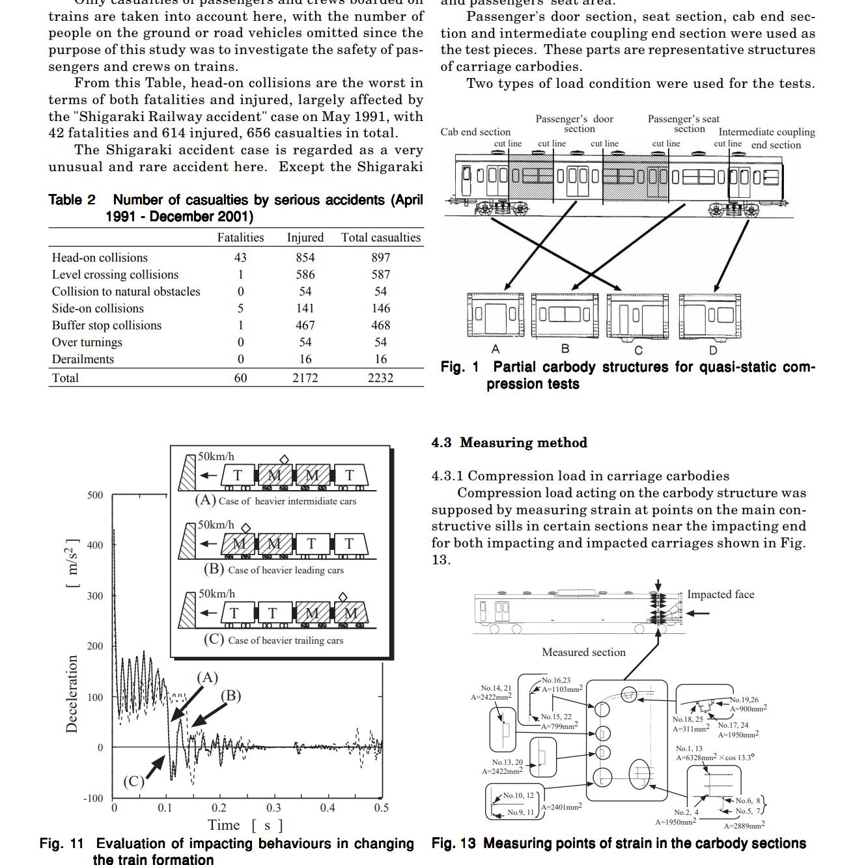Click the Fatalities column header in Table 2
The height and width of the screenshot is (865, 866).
(240, 238)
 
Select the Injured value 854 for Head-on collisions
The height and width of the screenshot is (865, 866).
(305, 258)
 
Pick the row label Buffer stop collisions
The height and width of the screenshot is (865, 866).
(107, 325)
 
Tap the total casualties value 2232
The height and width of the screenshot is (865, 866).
(380, 378)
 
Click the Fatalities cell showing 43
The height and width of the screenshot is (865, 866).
(240, 258)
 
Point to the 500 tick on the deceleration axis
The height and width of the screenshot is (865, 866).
(95, 495)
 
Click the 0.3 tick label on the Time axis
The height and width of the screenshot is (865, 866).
(273, 808)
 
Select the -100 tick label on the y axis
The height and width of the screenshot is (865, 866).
(93, 799)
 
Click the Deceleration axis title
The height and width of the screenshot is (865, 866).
(72, 694)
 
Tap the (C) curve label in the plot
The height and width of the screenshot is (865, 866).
(133, 782)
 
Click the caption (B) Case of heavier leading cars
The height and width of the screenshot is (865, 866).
(274, 570)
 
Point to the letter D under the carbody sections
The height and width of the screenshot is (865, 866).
(713, 351)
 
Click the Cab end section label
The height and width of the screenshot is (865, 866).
(475, 132)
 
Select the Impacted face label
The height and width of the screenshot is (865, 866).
(720, 594)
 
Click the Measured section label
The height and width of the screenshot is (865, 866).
(583, 652)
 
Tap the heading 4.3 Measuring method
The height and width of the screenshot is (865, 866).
(509, 443)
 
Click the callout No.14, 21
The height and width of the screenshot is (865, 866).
(496, 688)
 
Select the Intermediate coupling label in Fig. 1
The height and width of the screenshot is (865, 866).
(766, 132)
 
